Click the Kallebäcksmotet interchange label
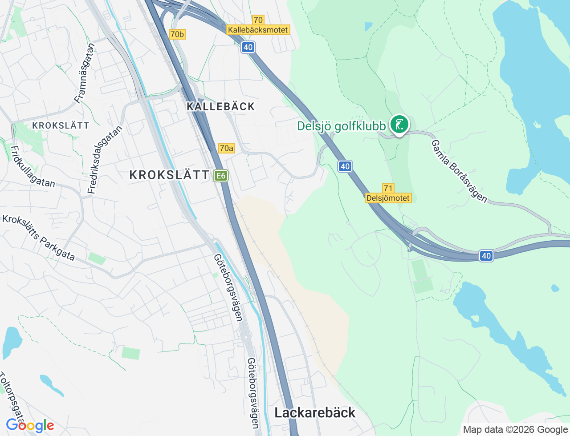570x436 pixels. (x=258, y=30)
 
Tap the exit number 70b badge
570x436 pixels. (x=177, y=34)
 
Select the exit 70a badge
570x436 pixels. (x=226, y=148)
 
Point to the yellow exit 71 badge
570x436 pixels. (x=388, y=188)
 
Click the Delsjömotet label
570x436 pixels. (x=388, y=198)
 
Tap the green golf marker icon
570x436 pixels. (x=399, y=125)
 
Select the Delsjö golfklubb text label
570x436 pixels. (x=341, y=126)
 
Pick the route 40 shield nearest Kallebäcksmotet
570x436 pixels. (x=248, y=47)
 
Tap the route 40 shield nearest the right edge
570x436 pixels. (x=486, y=256)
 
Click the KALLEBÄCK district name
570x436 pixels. (x=221, y=106)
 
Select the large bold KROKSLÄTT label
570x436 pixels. (x=169, y=175)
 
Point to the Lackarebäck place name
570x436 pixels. (x=315, y=412)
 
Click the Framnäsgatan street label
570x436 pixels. (x=85, y=73)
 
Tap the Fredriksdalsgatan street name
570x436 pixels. (x=105, y=160)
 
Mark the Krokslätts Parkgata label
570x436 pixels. (x=39, y=238)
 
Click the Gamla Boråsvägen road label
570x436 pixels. (x=459, y=171)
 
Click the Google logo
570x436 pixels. (x=30, y=425)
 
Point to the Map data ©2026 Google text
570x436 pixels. (x=515, y=429)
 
